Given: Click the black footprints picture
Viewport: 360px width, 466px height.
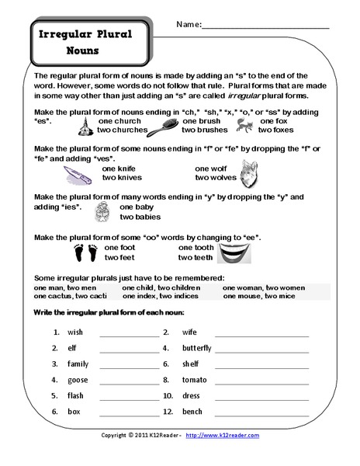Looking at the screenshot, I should [x=81, y=253].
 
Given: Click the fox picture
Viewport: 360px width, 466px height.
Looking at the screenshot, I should [x=245, y=127].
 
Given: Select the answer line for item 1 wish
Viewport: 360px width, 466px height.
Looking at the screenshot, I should [x=128, y=332].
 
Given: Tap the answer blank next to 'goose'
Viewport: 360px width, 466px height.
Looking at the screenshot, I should [x=128, y=380].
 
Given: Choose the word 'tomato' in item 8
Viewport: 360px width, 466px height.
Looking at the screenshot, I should [x=194, y=380].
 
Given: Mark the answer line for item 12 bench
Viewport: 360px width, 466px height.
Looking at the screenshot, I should [x=261, y=412].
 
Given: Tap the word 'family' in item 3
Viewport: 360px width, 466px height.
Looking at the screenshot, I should [x=78, y=363].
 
